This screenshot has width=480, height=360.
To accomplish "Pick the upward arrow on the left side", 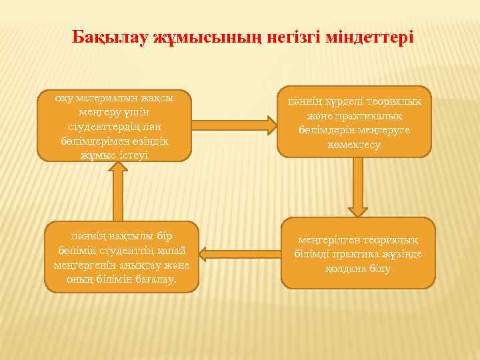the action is (x=119, y=191).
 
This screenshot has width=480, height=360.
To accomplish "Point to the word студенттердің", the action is (x=105, y=126).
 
